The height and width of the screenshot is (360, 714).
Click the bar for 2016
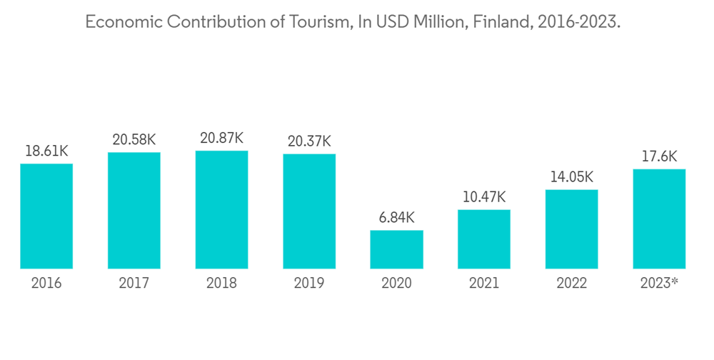pos(46,216)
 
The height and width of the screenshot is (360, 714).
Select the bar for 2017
pos(134,210)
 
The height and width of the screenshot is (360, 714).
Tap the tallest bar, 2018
pos(221,209)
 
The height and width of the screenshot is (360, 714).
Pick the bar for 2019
pos(309,211)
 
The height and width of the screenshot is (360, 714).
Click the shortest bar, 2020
pos(396,249)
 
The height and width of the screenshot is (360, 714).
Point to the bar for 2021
pos(484,239)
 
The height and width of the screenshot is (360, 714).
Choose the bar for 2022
pos(571,229)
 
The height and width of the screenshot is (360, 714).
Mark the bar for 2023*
pos(659,219)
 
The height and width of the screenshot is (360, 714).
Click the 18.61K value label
pos(46,151)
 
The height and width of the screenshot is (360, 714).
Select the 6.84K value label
pos(396,218)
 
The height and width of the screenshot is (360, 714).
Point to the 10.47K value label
pos(484,197)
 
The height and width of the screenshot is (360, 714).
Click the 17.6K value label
pos(659,156)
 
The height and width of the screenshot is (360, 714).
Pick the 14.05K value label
pos(571,177)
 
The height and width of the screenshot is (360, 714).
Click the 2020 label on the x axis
pos(396,284)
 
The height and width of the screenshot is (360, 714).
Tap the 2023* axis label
pos(659,284)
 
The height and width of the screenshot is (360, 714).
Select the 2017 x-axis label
pos(134,284)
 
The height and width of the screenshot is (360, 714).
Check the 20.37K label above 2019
pos(309,141)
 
